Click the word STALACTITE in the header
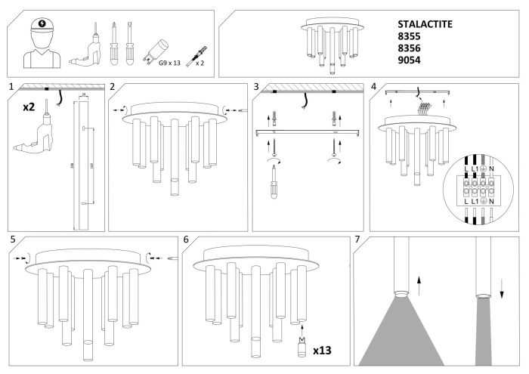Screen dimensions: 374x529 click(425, 23)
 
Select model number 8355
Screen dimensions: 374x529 click(409, 36)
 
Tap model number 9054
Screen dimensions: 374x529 click(409, 60)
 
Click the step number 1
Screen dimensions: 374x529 click(11, 88)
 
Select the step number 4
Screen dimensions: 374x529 click(373, 88)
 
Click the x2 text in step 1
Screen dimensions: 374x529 click(29, 108)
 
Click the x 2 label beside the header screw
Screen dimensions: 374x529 click(200, 63)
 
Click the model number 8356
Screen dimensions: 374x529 click(409, 48)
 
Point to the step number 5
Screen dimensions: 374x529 click(13, 240)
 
